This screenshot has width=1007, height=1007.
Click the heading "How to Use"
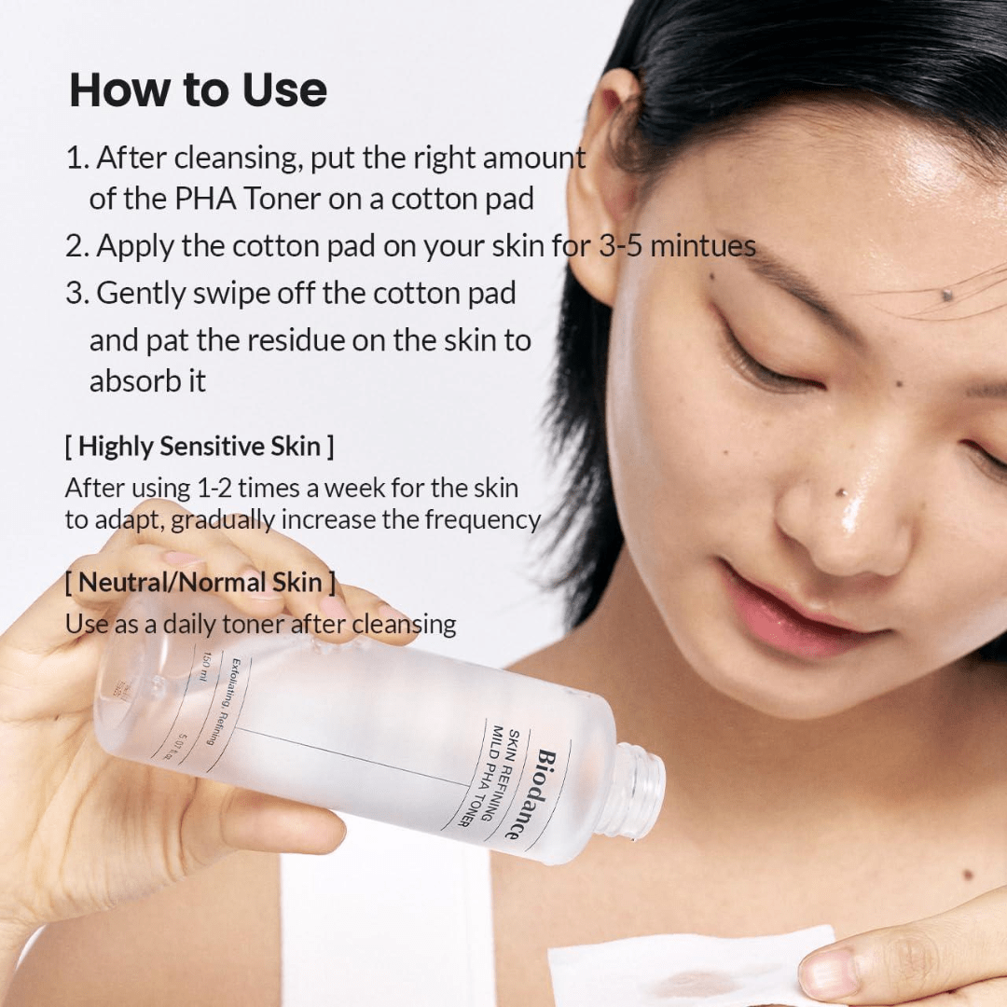tap(198, 90)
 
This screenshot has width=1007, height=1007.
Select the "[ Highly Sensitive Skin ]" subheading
tap(199, 446)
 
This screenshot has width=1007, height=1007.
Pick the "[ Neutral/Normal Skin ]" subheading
tap(200, 583)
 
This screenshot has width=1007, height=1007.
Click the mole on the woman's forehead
tap(948, 295)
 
